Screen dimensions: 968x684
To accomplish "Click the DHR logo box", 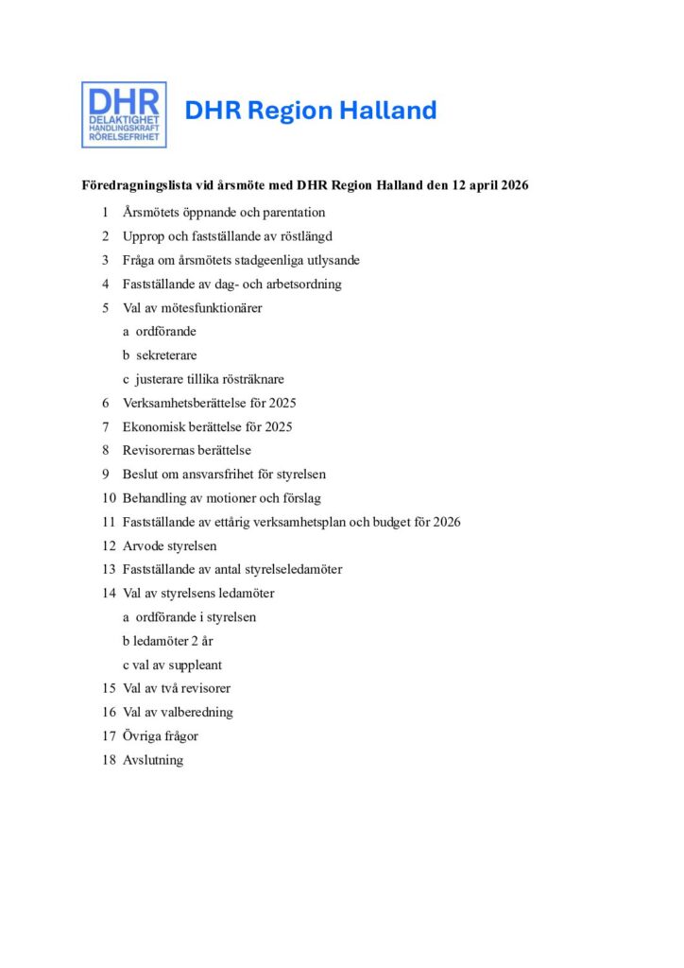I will click(124, 114).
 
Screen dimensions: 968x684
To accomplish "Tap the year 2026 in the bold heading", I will click(510, 185).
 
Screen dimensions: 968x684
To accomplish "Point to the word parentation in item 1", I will click(294, 213).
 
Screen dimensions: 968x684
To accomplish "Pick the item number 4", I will click(106, 284).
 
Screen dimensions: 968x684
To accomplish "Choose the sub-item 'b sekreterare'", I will click(160, 355).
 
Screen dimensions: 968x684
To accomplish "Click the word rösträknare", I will click(253, 379).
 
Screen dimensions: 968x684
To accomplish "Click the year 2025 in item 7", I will click(278, 426).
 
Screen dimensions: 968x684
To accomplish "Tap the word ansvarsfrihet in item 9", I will click(217, 475).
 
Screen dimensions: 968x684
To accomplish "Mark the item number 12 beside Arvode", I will click(109, 545).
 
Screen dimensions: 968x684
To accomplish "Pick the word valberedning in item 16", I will click(195, 712).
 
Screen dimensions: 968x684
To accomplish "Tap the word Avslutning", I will click(153, 760).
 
